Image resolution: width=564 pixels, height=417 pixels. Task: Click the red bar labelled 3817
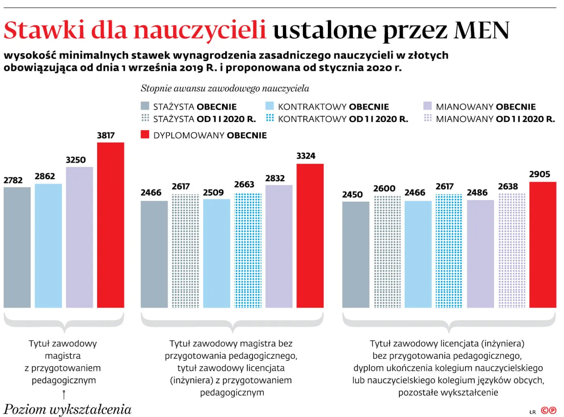pos(110,225)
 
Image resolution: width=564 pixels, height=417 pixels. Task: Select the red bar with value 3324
pos(310,236)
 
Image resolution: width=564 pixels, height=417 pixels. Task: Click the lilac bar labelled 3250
pos(79,237)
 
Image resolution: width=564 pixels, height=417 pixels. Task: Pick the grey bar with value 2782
pos(17,247)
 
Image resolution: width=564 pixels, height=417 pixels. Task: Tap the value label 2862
pos(45,176)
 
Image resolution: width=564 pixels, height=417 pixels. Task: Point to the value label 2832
pos(275,178)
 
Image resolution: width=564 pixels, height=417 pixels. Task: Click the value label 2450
pos(352,195)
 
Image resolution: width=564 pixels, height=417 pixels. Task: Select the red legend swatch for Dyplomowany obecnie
pos(145,135)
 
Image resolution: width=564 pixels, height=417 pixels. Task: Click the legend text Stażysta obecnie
pos(195,107)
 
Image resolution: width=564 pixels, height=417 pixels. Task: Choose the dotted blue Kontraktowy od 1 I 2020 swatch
pos(270,118)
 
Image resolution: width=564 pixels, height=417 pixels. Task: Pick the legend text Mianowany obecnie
pos(485,107)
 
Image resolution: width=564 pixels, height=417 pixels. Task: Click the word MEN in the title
pos(481,30)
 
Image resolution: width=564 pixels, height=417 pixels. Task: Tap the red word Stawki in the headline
pos(44,30)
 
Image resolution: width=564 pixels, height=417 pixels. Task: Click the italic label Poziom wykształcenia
pos(67,409)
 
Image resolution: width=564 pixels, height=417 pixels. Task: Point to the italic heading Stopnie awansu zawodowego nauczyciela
pos(225,88)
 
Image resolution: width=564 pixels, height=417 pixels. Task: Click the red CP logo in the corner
pos(548,411)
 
